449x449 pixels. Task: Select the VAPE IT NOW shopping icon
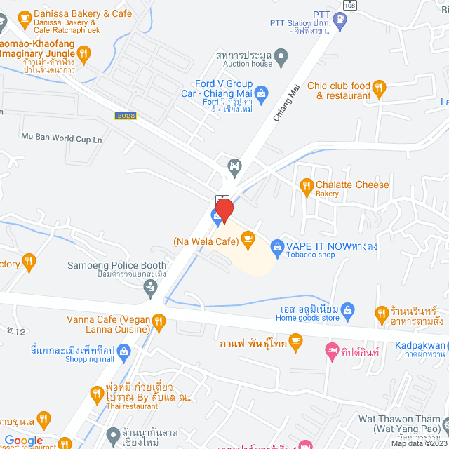click(x=276, y=246)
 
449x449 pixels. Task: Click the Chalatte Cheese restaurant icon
click(x=306, y=185)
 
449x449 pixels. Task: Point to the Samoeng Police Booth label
click(x=117, y=266)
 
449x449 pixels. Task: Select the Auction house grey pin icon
click(x=281, y=55)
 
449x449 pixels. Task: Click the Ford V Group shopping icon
click(x=261, y=92)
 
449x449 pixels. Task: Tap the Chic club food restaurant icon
click(x=379, y=87)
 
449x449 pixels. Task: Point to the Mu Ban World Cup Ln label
click(x=62, y=138)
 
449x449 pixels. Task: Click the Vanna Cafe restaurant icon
click(x=159, y=321)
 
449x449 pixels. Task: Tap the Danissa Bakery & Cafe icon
click(x=25, y=14)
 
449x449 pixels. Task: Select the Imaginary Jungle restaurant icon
click(x=83, y=52)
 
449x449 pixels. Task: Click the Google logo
click(x=24, y=440)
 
